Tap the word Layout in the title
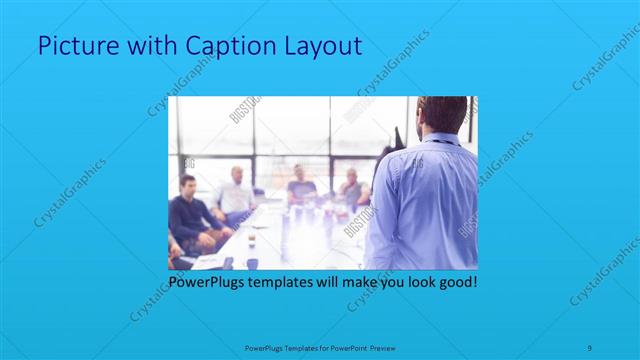[320, 45]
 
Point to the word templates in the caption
[290, 283]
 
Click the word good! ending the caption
[456, 283]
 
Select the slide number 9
[591, 346]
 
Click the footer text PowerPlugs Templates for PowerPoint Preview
[321, 347]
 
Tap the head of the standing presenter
[441, 113]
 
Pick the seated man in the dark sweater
[187, 215]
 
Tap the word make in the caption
[350, 283]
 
